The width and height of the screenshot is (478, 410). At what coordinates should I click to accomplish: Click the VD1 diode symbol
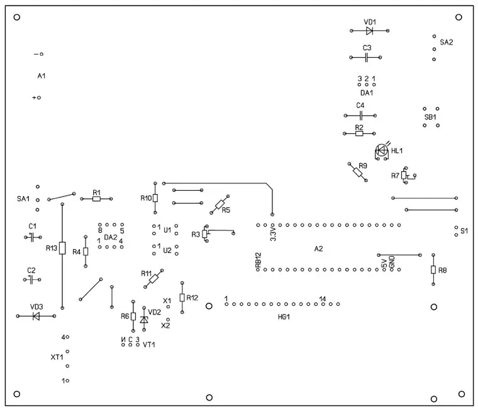[370, 30]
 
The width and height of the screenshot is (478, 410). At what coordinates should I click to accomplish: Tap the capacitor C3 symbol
[367, 57]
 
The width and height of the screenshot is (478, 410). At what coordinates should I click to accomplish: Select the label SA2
[446, 43]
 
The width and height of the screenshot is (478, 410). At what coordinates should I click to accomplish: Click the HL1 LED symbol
[381, 151]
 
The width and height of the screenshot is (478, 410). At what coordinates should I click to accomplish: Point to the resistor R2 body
[359, 133]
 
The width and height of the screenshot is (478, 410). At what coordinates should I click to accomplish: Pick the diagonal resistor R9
[357, 171]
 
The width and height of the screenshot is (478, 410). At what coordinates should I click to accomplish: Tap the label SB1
[430, 117]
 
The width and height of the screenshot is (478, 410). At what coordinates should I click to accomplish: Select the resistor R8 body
[433, 270]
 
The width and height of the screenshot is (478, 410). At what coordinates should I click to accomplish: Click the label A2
[318, 249]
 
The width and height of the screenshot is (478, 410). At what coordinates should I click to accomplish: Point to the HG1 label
[284, 316]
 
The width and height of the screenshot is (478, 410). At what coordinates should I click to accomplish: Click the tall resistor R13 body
[62, 248]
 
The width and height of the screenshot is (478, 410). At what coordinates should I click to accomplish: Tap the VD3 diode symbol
[36, 316]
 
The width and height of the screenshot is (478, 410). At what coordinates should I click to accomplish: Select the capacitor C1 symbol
[31, 237]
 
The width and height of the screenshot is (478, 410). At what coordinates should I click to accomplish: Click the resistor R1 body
[96, 199]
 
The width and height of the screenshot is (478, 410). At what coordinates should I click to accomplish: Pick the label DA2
[110, 237]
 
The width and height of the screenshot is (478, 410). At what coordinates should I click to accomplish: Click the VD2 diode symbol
[144, 320]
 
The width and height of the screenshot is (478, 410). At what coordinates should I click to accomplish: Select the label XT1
[57, 357]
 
